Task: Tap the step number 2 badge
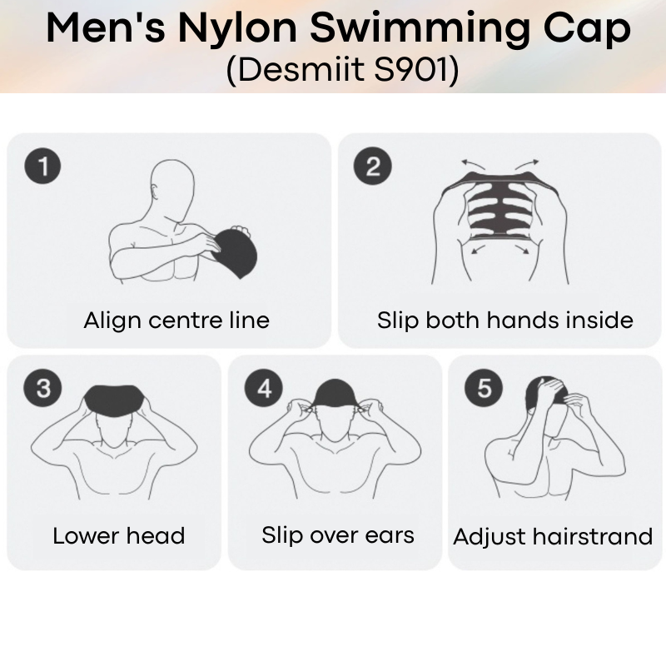[372, 167]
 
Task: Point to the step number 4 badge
[264, 387]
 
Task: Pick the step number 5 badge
[484, 387]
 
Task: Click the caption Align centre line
[176, 320]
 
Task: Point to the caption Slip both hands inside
[504, 320]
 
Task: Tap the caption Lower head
[118, 535]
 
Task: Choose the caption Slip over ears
[338, 534]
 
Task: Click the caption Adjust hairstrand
[553, 536]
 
